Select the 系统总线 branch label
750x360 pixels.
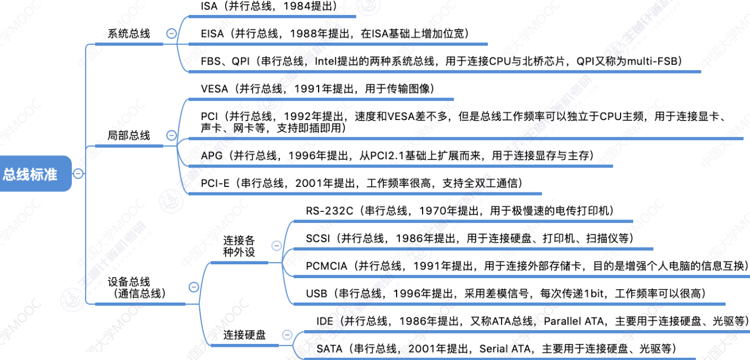click(129, 34)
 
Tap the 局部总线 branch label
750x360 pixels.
click(129, 135)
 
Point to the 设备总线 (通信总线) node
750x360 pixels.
click(132, 288)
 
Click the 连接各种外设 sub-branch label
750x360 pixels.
click(239, 246)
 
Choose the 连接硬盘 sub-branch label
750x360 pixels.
click(244, 335)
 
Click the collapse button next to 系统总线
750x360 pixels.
click(171, 34)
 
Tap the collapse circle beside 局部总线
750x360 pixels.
click(171, 135)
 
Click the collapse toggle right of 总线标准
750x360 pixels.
click(79, 174)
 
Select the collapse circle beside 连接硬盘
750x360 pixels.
click(287, 335)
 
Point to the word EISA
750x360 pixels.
click(213, 34)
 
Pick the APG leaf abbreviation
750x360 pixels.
click(212, 156)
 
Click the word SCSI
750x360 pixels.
click(318, 238)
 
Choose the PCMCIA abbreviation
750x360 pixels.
click(327, 266)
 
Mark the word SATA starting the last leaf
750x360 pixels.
click(330, 349)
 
